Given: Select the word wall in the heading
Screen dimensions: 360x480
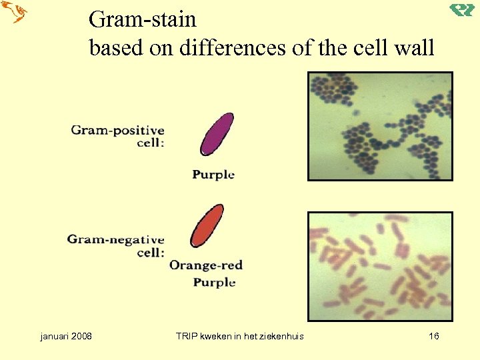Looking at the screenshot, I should coord(412,47).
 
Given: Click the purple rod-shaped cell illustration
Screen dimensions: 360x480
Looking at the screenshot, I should coord(217,134).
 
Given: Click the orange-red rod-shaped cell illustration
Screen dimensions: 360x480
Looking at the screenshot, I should coord(207,226).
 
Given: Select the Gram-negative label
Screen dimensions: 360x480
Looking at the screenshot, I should coord(115,239).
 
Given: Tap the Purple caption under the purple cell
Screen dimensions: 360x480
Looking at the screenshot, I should coord(213,175).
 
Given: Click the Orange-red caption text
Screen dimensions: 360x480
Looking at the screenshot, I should coord(205,265).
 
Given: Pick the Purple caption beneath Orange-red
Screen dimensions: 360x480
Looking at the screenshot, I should coord(214,283).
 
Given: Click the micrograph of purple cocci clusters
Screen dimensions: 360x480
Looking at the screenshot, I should coord(379,126).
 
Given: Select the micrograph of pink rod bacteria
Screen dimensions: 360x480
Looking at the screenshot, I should coord(379,267).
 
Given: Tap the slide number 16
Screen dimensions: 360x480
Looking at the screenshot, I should coord(433,336).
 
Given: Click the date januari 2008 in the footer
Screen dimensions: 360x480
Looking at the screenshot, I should coord(66,336).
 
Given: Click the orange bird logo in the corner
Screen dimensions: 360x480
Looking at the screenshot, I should coord(14,12).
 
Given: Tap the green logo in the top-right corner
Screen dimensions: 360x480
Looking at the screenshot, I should coord(461,10).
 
